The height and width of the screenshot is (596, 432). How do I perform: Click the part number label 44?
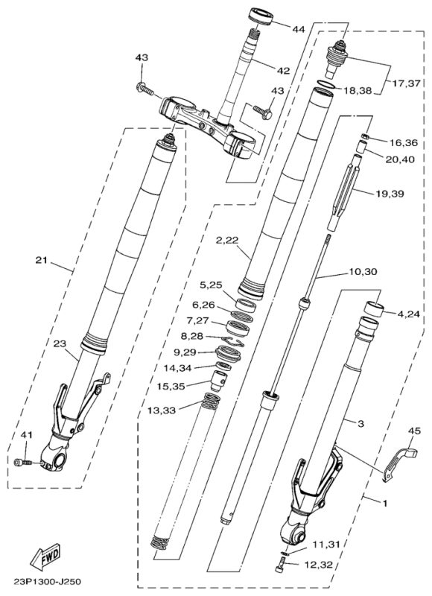[x=299, y=29]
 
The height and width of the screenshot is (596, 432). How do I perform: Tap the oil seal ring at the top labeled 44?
[x=261, y=16]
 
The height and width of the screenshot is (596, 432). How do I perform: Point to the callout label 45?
[x=415, y=431]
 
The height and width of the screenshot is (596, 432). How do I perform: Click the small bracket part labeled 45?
[x=399, y=463]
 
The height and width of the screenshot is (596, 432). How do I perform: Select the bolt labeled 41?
[x=25, y=463]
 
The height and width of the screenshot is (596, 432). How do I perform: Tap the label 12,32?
[x=318, y=565]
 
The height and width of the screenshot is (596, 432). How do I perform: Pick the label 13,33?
[x=162, y=410]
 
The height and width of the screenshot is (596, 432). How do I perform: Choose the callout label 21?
[x=41, y=260]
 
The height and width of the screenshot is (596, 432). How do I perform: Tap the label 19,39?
[x=390, y=194]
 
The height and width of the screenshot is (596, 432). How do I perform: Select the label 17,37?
[x=407, y=83]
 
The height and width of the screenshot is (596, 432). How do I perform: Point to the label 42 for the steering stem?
[x=284, y=71]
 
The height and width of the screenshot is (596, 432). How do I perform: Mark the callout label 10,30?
[x=363, y=272]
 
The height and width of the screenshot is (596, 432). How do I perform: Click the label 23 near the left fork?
[x=60, y=343]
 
